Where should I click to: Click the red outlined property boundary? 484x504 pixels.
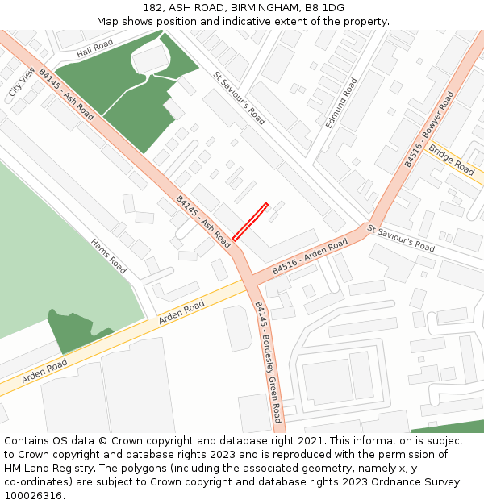click(x=250, y=221)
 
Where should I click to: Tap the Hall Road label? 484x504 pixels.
click(x=95, y=49)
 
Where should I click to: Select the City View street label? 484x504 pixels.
click(x=23, y=82)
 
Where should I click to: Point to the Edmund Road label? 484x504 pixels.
click(x=341, y=103)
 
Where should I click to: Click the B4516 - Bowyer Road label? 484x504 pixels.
click(x=429, y=129)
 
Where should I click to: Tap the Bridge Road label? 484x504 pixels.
click(x=452, y=159)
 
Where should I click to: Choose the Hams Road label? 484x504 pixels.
click(x=108, y=255)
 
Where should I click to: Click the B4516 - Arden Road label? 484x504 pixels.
click(x=310, y=256)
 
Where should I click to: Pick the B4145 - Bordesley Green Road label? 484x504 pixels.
click(x=268, y=361)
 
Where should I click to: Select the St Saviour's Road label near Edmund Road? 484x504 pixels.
click(x=240, y=98)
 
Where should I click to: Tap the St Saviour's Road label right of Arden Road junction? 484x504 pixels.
click(x=401, y=238)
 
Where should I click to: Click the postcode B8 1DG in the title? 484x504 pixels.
click(x=324, y=8)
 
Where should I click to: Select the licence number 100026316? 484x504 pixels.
click(x=35, y=495)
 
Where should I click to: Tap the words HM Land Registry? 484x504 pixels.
click(x=48, y=468)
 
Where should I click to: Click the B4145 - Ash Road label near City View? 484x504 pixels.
click(x=66, y=94)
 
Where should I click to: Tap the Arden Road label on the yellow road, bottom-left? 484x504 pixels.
click(x=44, y=372)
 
